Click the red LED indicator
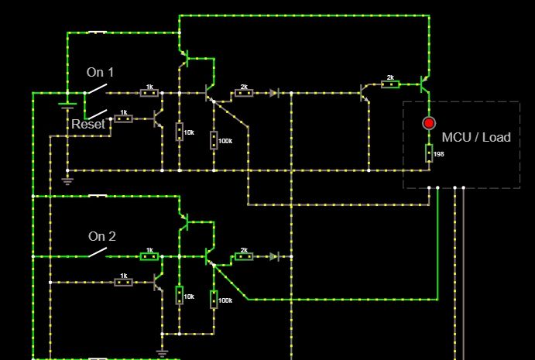point(428,123)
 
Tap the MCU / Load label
point(476,137)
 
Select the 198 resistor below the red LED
point(428,153)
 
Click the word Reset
point(88,124)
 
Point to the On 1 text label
point(100,72)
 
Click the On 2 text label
point(101,236)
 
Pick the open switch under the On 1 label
point(95,91)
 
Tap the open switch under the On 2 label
point(97,253)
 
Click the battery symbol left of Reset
point(67,106)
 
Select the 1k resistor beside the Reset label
point(123,118)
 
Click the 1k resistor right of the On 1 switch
point(149,93)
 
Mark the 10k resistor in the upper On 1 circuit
point(179,132)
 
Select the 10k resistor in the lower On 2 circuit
point(179,295)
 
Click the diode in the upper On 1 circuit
point(273,93)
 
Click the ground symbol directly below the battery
point(67,181)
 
